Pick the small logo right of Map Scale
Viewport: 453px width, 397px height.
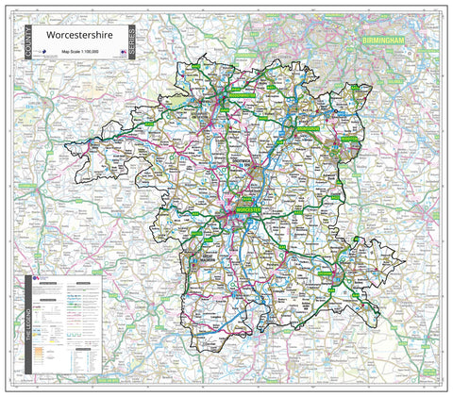(x=124, y=56)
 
